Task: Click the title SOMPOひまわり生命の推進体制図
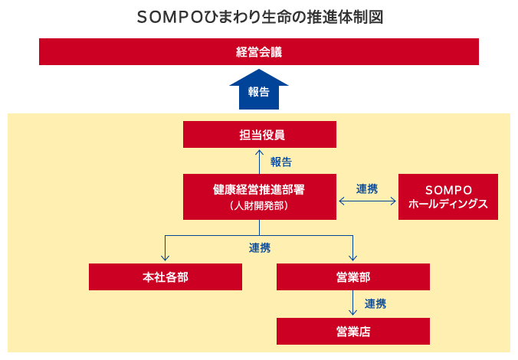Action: pos(260,17)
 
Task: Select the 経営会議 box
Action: pos(259,51)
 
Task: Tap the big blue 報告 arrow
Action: pos(259,89)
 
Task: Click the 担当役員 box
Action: pos(260,134)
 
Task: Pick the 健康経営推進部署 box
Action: pos(260,197)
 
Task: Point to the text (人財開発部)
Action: pos(259,206)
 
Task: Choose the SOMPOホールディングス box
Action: pos(448,197)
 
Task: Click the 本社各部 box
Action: pos(166,277)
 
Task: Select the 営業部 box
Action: pos(353,277)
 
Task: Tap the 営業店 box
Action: pos(353,331)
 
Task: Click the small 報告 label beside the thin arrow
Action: pos(281,162)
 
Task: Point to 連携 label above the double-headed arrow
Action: pos(367,189)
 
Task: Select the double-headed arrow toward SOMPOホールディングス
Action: pos(367,201)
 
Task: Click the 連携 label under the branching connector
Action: pos(260,248)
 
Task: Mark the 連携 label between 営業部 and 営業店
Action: pos(375,304)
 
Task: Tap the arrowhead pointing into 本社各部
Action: pos(166,257)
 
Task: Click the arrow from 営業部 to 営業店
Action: pos(352,303)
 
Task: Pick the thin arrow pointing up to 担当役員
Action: pos(259,162)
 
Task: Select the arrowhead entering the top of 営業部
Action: pos(352,257)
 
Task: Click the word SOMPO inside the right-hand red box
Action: pos(448,190)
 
